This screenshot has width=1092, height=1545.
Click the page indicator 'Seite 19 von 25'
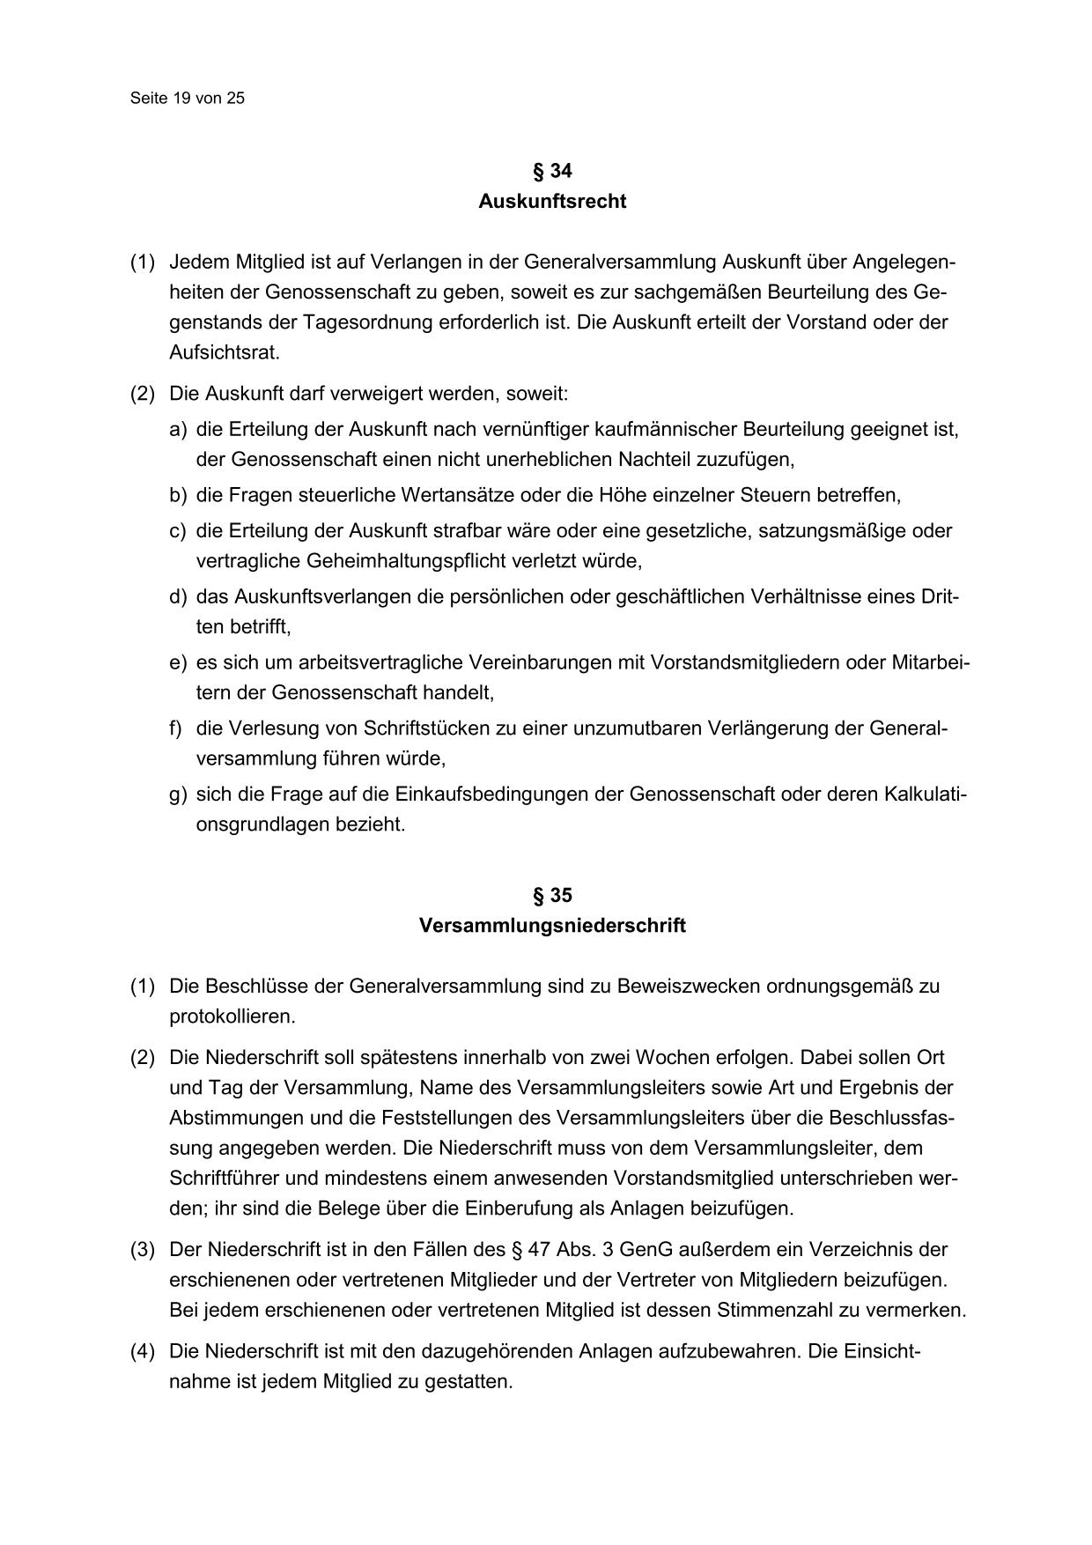187,99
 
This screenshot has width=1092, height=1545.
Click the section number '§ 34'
552,171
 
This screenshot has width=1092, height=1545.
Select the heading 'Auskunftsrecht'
552,202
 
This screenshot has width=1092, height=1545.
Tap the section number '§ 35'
552,896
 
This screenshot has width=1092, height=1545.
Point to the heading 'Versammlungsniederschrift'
552,927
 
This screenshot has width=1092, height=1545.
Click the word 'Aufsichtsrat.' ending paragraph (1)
225,352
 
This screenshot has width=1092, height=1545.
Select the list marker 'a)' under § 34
179,430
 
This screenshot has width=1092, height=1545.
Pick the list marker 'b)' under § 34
179,495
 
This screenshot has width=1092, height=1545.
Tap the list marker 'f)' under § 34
176,728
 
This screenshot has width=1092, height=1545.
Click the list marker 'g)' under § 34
179,795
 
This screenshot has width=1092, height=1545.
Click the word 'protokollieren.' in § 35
232,1016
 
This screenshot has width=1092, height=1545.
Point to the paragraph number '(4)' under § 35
143,1351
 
